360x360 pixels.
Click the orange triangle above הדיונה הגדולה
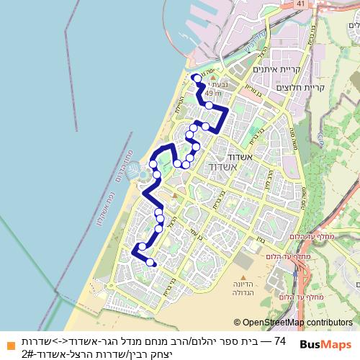click(244, 276)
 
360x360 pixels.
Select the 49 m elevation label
click(212, 93)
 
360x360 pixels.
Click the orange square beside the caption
click(10, 345)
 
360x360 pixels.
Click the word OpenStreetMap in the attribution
click(273, 323)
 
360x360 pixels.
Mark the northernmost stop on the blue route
click(196, 76)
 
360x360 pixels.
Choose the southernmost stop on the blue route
click(150, 263)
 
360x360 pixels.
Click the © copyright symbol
click(237, 323)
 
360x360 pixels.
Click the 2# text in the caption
click(28, 352)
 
